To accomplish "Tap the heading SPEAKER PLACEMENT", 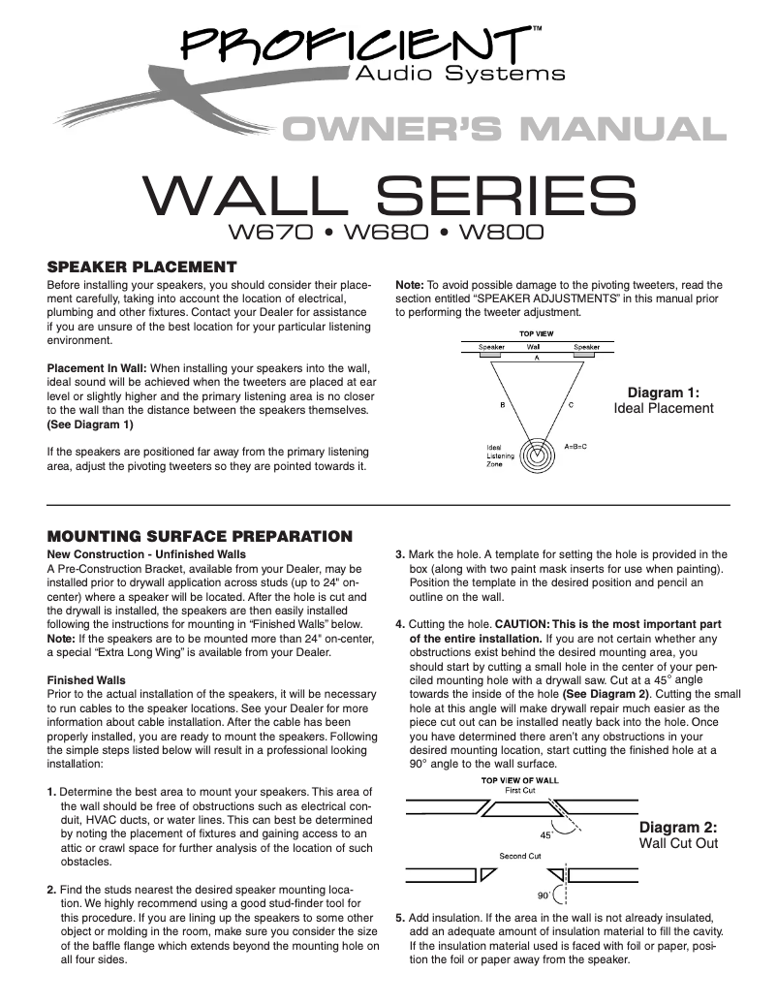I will [141, 267].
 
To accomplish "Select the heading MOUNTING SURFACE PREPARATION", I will [199, 536].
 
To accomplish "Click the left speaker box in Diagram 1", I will [491, 356].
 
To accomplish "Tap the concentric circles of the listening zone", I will [535, 455].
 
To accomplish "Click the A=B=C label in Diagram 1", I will [576, 447].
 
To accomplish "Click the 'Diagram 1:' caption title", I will [664, 393].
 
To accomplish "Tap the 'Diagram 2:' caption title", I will [678, 828].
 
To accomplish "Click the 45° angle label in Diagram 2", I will [546, 832].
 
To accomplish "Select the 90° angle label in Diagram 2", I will [544, 895].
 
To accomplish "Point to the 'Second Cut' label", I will [519, 857].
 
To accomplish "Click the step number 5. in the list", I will [400, 918].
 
